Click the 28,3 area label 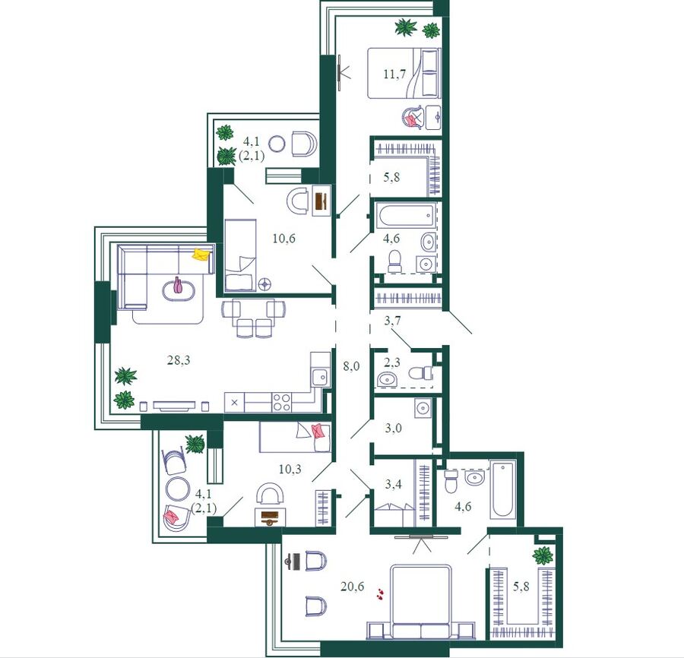(179, 361)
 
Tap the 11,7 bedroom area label (394, 74)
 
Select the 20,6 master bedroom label (352, 587)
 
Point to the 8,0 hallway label (351, 366)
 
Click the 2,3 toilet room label (392, 362)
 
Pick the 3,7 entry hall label (392, 321)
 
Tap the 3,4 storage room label (393, 484)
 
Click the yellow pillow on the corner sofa (201, 255)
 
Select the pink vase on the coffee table (177, 285)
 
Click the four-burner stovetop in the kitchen (281, 402)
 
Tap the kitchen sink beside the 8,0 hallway (321, 376)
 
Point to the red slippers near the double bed (381, 593)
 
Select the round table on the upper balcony (277, 144)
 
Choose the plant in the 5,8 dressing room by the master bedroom (543, 556)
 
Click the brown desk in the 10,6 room (321, 201)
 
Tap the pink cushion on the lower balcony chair (170, 516)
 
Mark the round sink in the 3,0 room (423, 408)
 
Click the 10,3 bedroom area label (290, 470)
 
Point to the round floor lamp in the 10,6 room (264, 284)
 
